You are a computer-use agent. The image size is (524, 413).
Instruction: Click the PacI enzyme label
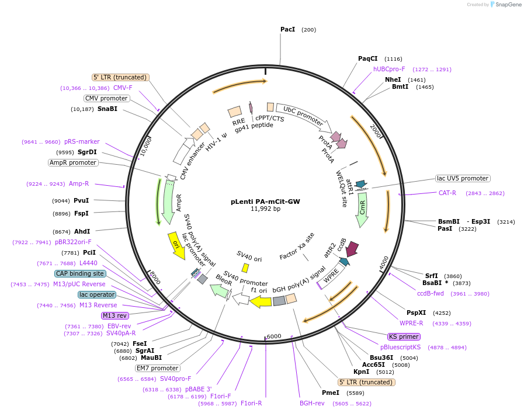(287, 29)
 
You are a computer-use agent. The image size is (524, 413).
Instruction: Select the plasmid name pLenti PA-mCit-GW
(265, 202)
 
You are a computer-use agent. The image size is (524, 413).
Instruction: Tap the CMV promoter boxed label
(106, 98)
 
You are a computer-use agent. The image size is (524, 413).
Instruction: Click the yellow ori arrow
(176, 245)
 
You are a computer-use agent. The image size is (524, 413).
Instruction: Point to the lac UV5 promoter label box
(462, 178)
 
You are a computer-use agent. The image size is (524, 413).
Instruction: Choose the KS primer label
(404, 336)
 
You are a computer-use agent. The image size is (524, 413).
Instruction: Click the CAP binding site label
(80, 273)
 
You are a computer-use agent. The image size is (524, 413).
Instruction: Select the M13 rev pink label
(114, 315)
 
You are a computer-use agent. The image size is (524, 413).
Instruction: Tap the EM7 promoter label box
(157, 368)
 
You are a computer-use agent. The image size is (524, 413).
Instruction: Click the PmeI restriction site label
(330, 393)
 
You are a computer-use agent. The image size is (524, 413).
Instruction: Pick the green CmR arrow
(363, 210)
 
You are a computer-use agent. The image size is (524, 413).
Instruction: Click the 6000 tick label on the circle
(274, 336)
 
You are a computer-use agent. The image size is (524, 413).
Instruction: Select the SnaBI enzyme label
(107, 109)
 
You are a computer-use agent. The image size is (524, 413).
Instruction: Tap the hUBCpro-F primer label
(389, 69)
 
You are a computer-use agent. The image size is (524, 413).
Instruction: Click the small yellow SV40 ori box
(245, 268)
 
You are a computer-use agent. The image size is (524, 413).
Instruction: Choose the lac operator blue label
(97, 294)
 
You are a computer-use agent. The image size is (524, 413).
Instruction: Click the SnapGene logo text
(505, 5)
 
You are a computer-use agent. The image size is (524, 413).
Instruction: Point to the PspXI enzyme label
(416, 313)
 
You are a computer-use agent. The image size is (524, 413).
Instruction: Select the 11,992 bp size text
(265, 209)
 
